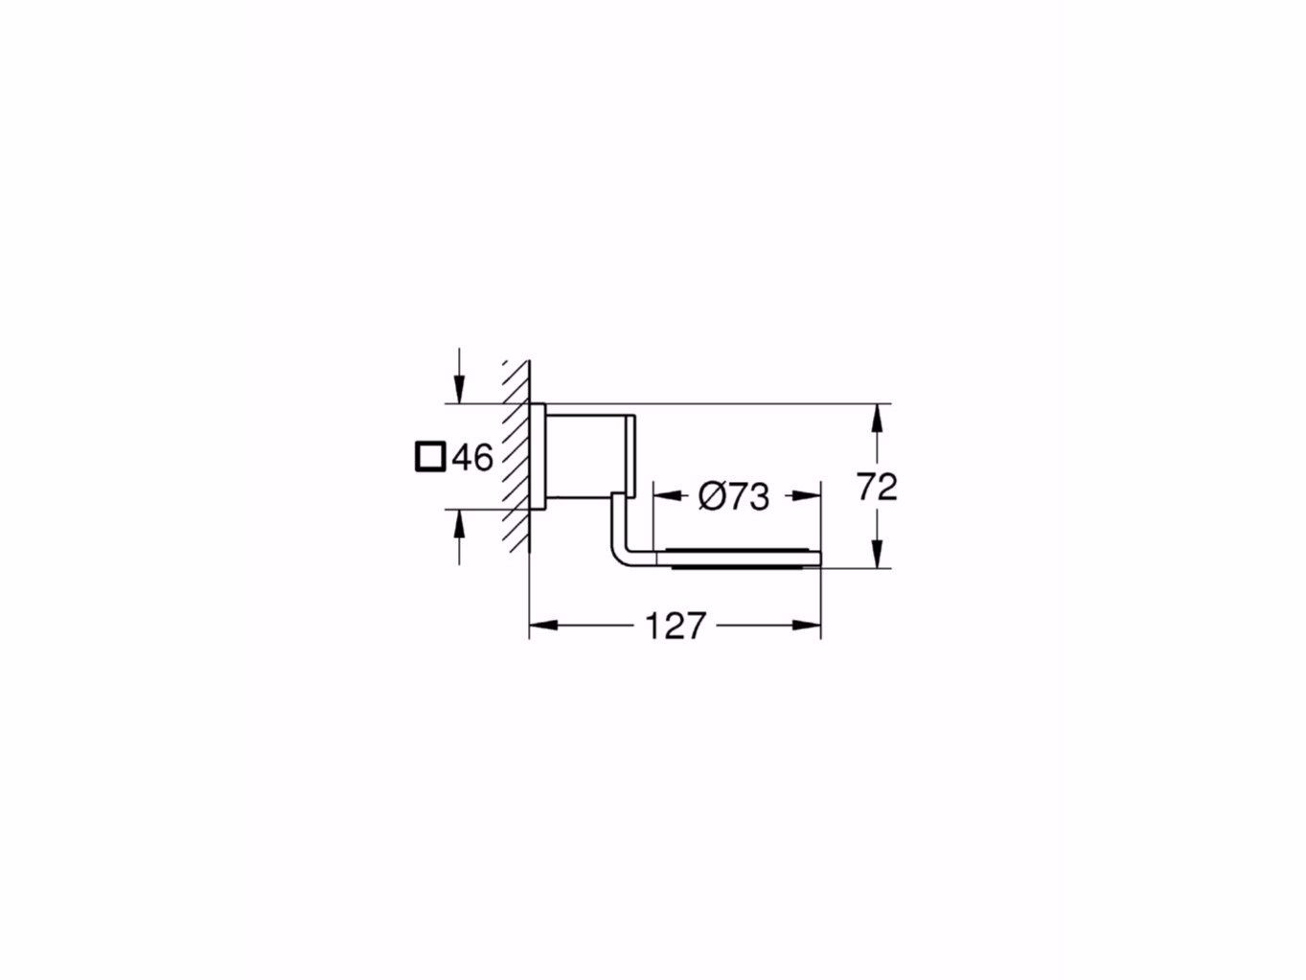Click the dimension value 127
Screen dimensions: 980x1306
[x=675, y=626]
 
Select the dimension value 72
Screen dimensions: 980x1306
[x=877, y=487]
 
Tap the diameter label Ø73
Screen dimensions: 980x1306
[x=733, y=496]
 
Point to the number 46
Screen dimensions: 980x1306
[x=471, y=458]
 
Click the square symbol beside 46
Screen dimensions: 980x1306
[x=430, y=457]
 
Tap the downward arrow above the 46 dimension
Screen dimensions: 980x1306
[x=460, y=391]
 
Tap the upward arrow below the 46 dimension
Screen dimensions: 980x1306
[x=460, y=522]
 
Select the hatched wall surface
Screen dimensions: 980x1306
[x=516, y=455]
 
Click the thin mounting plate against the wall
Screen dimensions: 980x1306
[x=538, y=454]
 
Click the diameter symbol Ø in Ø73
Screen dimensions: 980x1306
[x=710, y=496]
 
